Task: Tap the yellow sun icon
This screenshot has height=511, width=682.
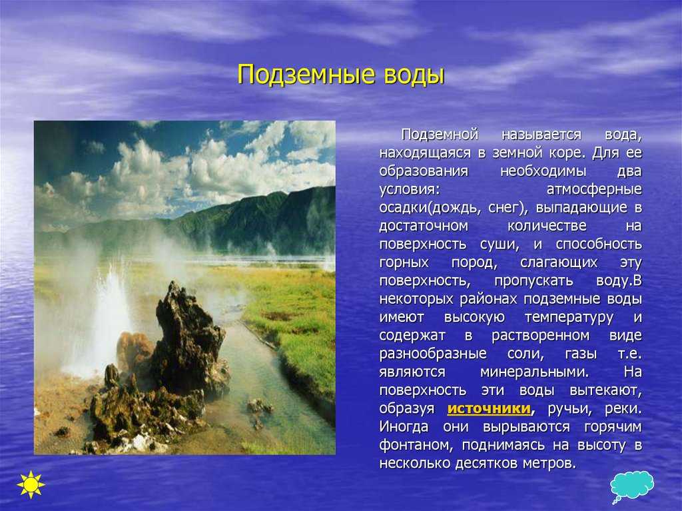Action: tap(31, 484)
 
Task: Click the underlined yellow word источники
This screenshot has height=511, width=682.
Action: tap(489, 408)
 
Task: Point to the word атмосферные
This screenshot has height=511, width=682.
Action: tap(594, 190)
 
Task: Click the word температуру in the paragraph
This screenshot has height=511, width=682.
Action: tap(569, 317)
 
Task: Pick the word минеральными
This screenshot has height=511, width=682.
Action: tap(535, 372)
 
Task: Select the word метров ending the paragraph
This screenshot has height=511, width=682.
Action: tap(549, 464)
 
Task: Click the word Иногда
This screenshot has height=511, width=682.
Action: tap(404, 427)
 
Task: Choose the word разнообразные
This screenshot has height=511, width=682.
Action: tap(433, 354)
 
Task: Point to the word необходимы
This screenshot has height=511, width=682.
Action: tap(543, 171)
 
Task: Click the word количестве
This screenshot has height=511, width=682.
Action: tap(547, 227)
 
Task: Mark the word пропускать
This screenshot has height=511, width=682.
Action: tap(533, 281)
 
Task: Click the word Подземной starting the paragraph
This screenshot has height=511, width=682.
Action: tap(440, 135)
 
